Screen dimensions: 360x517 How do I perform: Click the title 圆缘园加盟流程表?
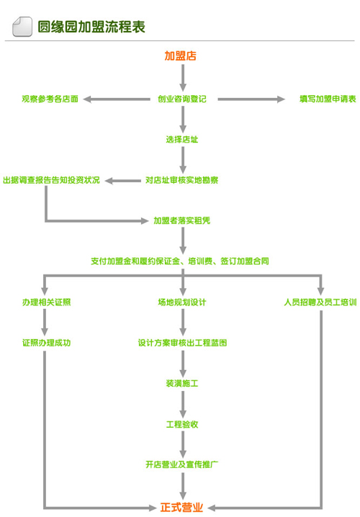coord(91,27)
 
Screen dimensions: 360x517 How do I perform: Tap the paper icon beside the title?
coord(22,27)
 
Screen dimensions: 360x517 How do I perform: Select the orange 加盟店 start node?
coord(180,55)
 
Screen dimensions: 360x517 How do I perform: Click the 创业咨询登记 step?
coord(182,99)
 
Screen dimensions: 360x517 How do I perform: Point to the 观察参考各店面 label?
coord(50,99)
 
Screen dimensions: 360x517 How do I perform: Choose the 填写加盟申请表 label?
coord(328,99)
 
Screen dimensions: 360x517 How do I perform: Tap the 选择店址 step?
coord(182,140)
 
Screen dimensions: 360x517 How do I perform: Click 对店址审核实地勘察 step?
coord(182,180)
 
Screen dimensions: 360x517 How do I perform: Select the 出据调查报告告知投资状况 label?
coord(51,180)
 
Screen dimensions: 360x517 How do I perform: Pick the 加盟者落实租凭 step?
coord(182,220)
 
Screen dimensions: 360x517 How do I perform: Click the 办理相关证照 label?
coord(47,302)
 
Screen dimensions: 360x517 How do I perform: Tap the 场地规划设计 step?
coord(182,302)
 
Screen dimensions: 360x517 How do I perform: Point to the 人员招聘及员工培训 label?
coord(320,302)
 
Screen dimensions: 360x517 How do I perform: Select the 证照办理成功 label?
coord(47,343)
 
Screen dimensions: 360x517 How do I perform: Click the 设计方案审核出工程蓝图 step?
coord(182,343)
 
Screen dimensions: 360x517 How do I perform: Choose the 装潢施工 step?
coord(182,384)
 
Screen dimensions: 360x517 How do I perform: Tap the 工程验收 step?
coord(182,424)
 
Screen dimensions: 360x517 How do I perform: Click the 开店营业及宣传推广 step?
coord(182,464)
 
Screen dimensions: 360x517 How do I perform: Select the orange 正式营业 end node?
coord(181,507)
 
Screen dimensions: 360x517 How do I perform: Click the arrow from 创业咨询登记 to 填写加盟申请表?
coord(251,99)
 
